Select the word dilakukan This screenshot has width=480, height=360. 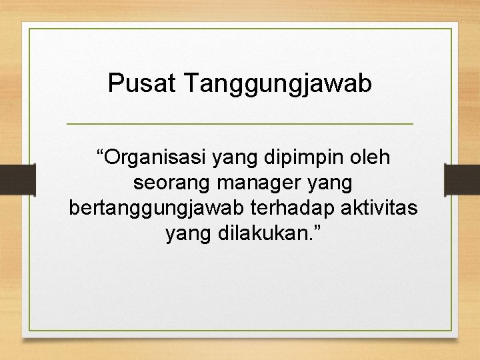click(258, 233)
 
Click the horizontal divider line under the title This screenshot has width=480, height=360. click(240, 124)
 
